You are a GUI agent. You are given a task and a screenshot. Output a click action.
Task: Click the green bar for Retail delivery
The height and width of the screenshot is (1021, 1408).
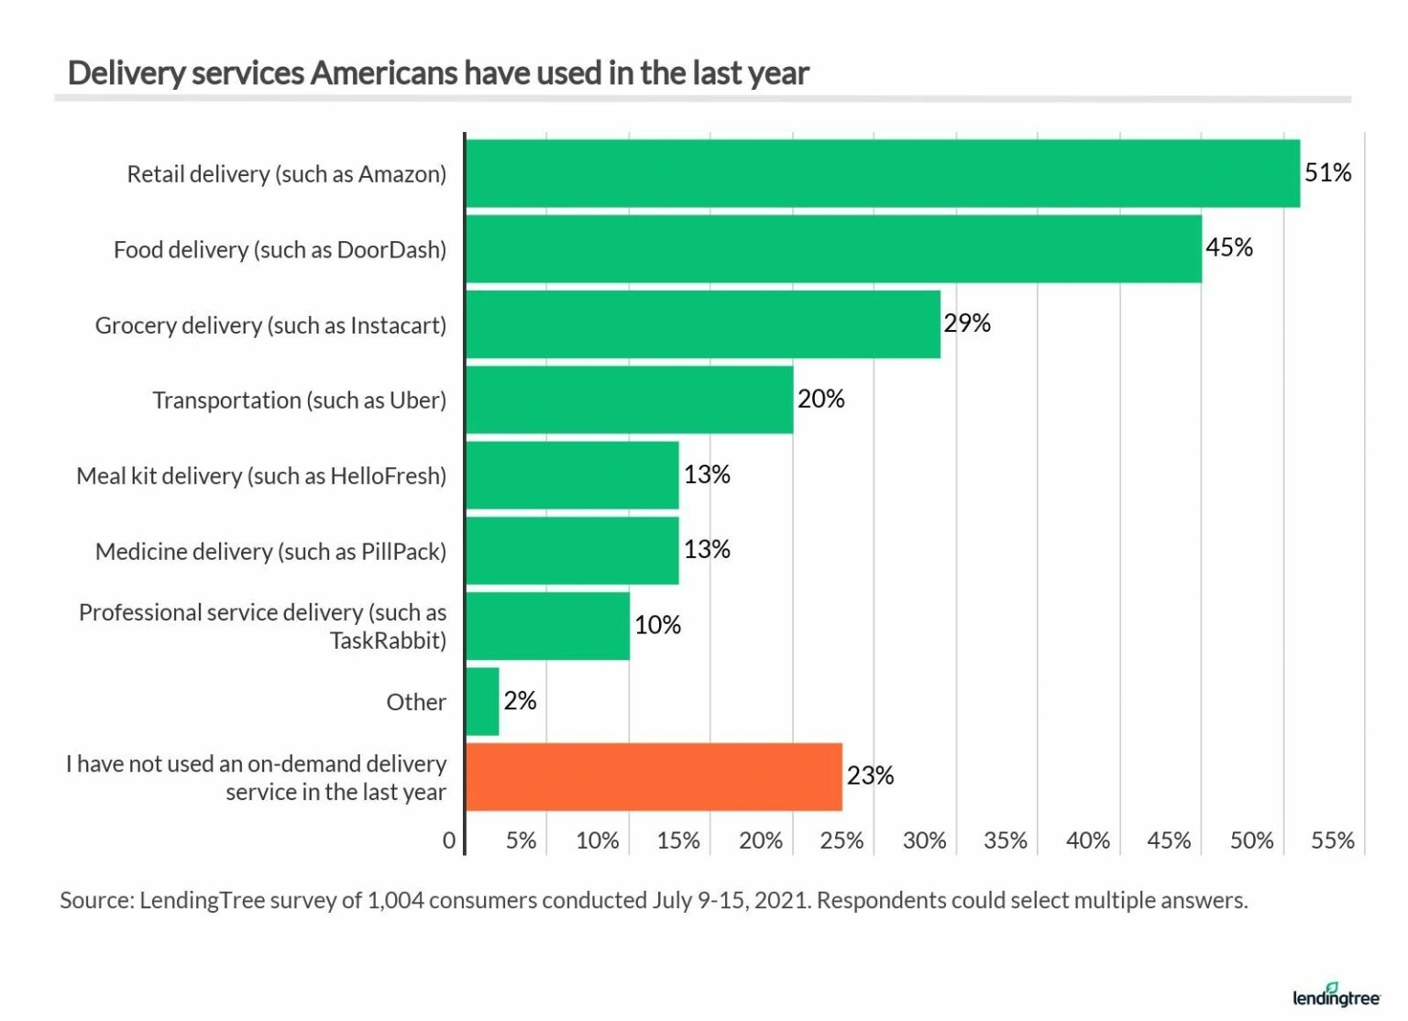pyautogui.click(x=882, y=173)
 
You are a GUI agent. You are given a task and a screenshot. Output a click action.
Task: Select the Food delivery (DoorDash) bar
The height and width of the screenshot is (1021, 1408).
pyautogui.click(x=833, y=249)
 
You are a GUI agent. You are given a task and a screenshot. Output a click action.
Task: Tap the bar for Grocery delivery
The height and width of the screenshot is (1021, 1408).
pyautogui.click(x=703, y=324)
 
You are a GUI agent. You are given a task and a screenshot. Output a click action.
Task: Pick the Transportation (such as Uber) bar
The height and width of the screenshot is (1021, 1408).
pyautogui.click(x=630, y=400)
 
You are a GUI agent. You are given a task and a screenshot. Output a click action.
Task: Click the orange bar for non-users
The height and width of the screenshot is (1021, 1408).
pyautogui.click(x=654, y=777)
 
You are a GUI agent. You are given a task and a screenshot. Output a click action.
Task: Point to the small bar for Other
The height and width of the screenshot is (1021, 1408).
pyautogui.click(x=483, y=701)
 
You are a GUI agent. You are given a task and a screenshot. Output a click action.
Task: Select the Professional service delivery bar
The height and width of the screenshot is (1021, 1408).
pyautogui.click(x=548, y=626)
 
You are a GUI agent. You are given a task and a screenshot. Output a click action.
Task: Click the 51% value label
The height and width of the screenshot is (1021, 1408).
pyautogui.click(x=1327, y=172)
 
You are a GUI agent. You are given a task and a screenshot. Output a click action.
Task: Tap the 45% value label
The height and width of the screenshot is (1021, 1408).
pyautogui.click(x=1228, y=247)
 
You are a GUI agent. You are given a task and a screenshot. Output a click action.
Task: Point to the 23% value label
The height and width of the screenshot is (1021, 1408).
pyautogui.click(x=869, y=776)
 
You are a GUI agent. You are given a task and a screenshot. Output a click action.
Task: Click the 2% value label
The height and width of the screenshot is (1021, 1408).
pyautogui.click(x=520, y=701)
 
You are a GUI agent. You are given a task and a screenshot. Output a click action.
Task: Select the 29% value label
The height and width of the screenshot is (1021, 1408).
pyautogui.click(x=967, y=324)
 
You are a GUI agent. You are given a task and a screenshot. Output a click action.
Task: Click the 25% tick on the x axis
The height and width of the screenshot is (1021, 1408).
pyautogui.click(x=841, y=840)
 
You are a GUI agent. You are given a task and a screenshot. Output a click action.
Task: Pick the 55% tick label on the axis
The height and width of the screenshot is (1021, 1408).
pyautogui.click(x=1332, y=840)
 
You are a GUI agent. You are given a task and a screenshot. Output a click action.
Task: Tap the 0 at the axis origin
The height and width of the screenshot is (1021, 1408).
pyautogui.click(x=449, y=840)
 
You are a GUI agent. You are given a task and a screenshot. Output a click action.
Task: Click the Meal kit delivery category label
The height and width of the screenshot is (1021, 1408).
pyautogui.click(x=261, y=476)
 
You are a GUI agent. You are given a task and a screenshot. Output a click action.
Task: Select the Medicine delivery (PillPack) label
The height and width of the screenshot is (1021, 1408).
pyautogui.click(x=270, y=552)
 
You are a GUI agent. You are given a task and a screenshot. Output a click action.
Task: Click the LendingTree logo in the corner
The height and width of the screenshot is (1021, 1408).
pyautogui.click(x=1336, y=995)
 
